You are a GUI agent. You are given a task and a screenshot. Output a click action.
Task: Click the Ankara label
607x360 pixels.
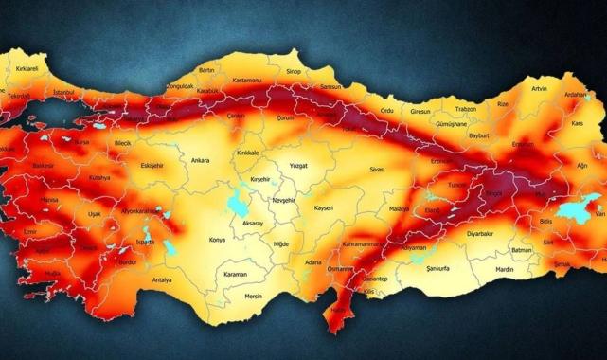click(x=200, y=161)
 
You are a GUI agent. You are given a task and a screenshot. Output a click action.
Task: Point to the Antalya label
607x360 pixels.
click(x=162, y=280)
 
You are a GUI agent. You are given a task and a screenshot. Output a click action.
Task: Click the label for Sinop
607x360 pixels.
click(x=295, y=70)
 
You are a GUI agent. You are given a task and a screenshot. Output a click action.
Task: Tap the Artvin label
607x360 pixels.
click(x=539, y=88)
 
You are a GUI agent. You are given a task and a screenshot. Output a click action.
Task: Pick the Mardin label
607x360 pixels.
click(x=504, y=269)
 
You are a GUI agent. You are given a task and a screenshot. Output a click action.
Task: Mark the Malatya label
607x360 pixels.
click(x=400, y=207)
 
